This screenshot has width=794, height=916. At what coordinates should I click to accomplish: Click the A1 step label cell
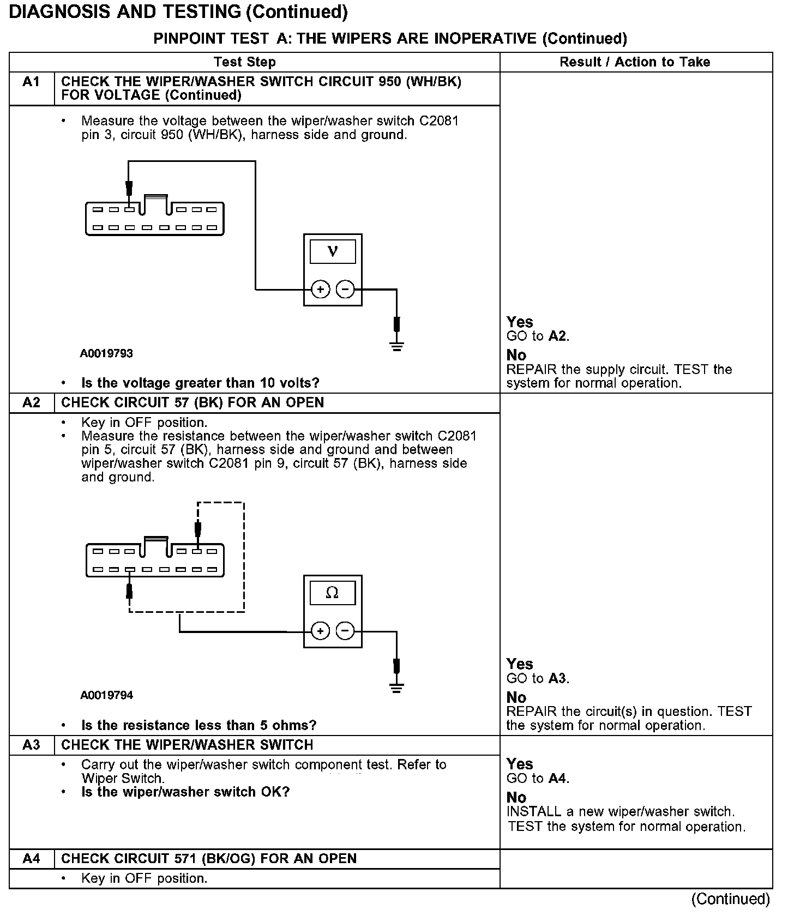click(32, 82)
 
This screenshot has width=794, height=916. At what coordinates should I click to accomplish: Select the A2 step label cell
click(32, 403)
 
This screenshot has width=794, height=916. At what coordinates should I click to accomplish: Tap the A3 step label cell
click(32, 745)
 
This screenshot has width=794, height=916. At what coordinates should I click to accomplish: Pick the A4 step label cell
click(32, 859)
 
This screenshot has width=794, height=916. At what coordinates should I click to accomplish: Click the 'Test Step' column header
click(245, 62)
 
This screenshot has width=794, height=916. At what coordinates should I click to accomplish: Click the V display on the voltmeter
click(333, 251)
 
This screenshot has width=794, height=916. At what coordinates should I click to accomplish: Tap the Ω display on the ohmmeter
click(332, 593)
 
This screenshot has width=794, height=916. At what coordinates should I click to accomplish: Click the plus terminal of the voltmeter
click(320, 290)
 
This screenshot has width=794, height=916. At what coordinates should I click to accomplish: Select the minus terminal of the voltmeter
click(345, 290)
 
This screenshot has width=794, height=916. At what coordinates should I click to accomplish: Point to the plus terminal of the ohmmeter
click(320, 631)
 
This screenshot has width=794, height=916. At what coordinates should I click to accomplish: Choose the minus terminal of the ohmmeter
click(345, 631)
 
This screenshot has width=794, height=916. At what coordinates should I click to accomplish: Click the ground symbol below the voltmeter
click(397, 346)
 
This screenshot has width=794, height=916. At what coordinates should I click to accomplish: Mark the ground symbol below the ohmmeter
click(397, 688)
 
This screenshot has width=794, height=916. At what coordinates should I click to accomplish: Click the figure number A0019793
click(106, 353)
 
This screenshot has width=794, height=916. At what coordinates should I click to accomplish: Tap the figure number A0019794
click(106, 695)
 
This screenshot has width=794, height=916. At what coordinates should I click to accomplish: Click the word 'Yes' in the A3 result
click(519, 764)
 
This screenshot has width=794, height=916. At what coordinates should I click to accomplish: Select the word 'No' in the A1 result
click(516, 355)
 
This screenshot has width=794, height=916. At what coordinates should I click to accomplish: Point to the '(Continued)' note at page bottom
click(730, 899)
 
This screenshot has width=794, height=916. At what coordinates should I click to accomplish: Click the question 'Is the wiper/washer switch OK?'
click(185, 792)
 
